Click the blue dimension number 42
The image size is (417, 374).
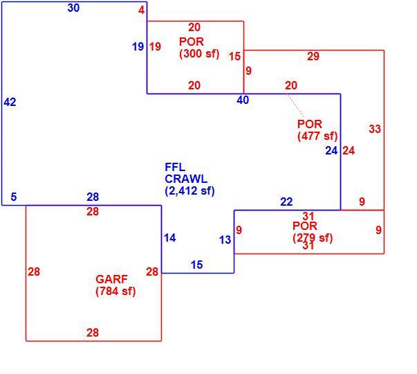pos(10,102)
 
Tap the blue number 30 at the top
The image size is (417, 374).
pos(73,8)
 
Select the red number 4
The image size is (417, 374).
pos(142,10)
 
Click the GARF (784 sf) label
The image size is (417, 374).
pos(115,285)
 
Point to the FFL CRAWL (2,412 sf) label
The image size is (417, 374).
pos(189,179)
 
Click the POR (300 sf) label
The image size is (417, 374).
pos(199,48)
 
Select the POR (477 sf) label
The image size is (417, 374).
pos(317,130)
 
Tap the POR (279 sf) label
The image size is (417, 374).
pos(313,232)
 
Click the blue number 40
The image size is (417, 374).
pos(243,100)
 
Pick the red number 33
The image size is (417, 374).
pos(375,130)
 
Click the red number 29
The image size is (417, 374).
pos(313,57)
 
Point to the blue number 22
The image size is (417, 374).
pos(286,202)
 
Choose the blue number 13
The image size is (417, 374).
pos(225,240)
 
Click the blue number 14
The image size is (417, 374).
pos(170,238)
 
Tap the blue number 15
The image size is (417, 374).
pos(197,265)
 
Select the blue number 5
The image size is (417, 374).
pos(14,197)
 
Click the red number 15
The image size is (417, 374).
pos(235,57)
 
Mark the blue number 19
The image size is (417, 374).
pos(138,47)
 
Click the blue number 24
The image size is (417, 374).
pos(332,151)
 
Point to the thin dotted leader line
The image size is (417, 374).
pos(295,106)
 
